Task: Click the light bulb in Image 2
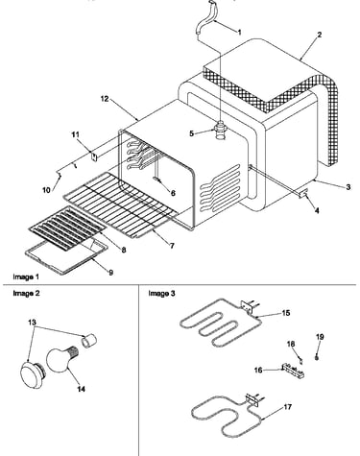click(60, 360)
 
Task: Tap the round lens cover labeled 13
click(32, 374)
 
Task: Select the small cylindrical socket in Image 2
click(88, 340)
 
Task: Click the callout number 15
click(286, 313)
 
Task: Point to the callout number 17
click(287, 407)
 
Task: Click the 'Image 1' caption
click(26, 276)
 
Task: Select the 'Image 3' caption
click(161, 294)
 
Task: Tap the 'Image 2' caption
click(26, 294)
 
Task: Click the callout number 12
click(105, 99)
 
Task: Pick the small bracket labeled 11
click(94, 157)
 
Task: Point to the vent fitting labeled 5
click(221, 130)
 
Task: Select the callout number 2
click(319, 35)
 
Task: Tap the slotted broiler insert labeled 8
click(67, 228)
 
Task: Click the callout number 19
click(320, 337)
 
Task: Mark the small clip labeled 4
click(303, 193)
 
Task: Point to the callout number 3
click(348, 187)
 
